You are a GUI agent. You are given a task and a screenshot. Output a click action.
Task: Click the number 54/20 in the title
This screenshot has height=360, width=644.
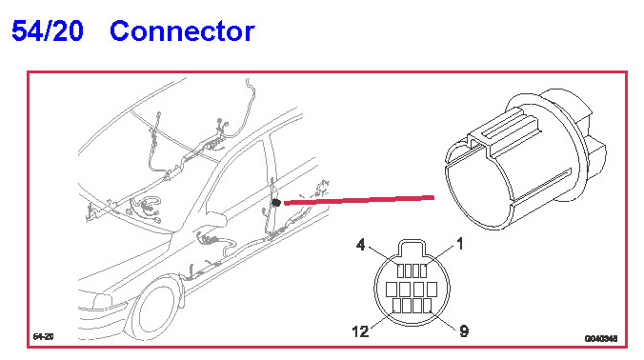(x=48, y=30)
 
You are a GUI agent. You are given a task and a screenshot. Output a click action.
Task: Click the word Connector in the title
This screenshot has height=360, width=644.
(x=182, y=30)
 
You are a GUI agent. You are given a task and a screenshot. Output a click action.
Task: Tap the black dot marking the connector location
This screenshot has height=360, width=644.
(x=276, y=203)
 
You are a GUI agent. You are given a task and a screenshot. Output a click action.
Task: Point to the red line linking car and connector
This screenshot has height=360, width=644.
(x=359, y=200)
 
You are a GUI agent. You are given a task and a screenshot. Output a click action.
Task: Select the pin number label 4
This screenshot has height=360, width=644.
(x=360, y=245)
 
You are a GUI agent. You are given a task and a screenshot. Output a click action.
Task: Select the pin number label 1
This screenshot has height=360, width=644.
(x=460, y=244)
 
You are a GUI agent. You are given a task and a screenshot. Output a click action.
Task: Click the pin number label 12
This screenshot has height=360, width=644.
(x=360, y=331)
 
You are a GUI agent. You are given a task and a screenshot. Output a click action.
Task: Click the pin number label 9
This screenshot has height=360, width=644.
(x=464, y=330)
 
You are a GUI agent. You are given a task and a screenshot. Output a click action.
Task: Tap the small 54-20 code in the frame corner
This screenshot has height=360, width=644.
(x=43, y=337)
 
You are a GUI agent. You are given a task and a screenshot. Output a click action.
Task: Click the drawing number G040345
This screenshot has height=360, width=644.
(x=601, y=339)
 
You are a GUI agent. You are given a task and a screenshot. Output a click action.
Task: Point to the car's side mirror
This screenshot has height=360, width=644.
(x=216, y=219)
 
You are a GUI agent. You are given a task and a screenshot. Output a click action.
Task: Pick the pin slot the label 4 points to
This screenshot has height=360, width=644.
(x=400, y=270)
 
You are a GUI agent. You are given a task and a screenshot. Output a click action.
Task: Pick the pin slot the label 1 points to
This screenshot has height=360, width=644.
(x=423, y=270)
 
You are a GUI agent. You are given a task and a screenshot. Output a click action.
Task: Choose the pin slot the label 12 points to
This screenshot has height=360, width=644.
(x=396, y=306)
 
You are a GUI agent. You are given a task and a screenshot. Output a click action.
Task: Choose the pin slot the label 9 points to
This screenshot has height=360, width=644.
(x=427, y=306)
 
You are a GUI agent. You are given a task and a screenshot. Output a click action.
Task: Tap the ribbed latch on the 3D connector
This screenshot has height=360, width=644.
(x=506, y=132)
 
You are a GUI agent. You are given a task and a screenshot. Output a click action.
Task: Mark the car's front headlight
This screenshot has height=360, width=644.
(x=102, y=302)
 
